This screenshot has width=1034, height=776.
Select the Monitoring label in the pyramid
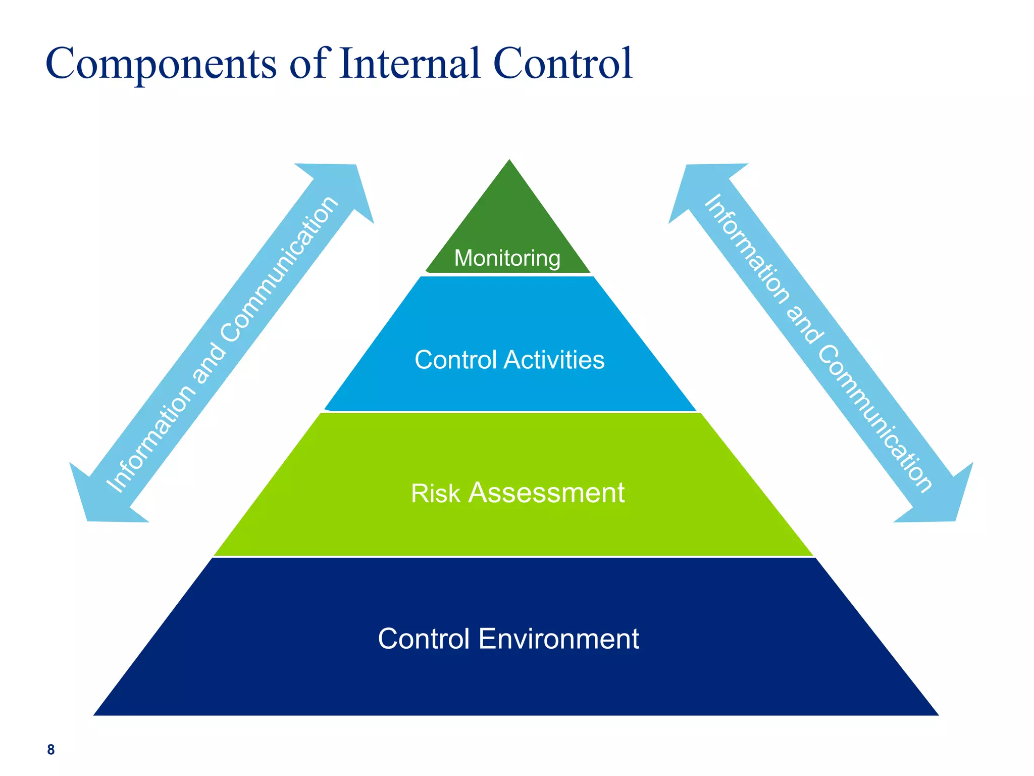[507, 258]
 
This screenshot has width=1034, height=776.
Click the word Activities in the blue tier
[554, 360]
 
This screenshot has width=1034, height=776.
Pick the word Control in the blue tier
[455, 360]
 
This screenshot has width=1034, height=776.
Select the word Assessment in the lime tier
[546, 493]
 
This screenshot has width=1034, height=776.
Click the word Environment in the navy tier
[558, 639]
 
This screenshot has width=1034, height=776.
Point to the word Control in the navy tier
[423, 639]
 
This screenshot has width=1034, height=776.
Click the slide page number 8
[50, 750]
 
